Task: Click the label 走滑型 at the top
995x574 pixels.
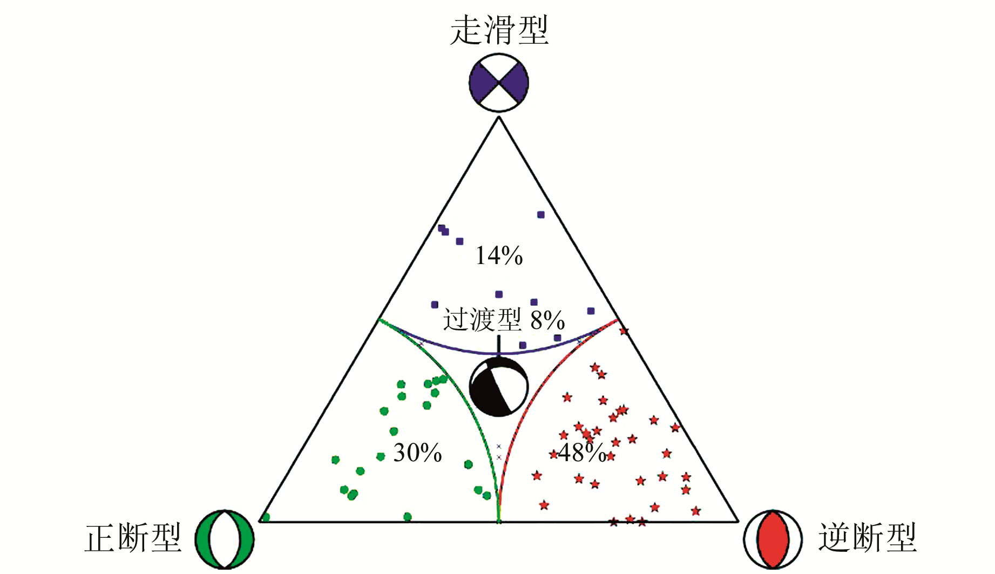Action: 499,30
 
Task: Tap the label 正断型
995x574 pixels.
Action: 133,537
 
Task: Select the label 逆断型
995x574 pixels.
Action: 867,537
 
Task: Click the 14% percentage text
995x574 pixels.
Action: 499,255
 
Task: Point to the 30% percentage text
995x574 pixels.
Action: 417,453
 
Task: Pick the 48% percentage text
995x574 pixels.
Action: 582,453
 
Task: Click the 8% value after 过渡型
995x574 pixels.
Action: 547,320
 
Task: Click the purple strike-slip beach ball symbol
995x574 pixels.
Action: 499,83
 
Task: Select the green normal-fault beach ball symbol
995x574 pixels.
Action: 225,539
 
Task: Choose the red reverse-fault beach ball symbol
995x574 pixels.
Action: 773,539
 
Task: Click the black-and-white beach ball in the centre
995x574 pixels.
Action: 499,387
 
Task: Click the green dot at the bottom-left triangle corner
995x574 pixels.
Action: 265,517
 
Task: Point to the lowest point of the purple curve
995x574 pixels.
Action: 499,354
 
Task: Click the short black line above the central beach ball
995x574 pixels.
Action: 499,345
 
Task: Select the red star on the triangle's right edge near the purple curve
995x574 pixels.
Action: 624,331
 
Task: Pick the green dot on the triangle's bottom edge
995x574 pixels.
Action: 408,517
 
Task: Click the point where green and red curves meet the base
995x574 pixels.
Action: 499,521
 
